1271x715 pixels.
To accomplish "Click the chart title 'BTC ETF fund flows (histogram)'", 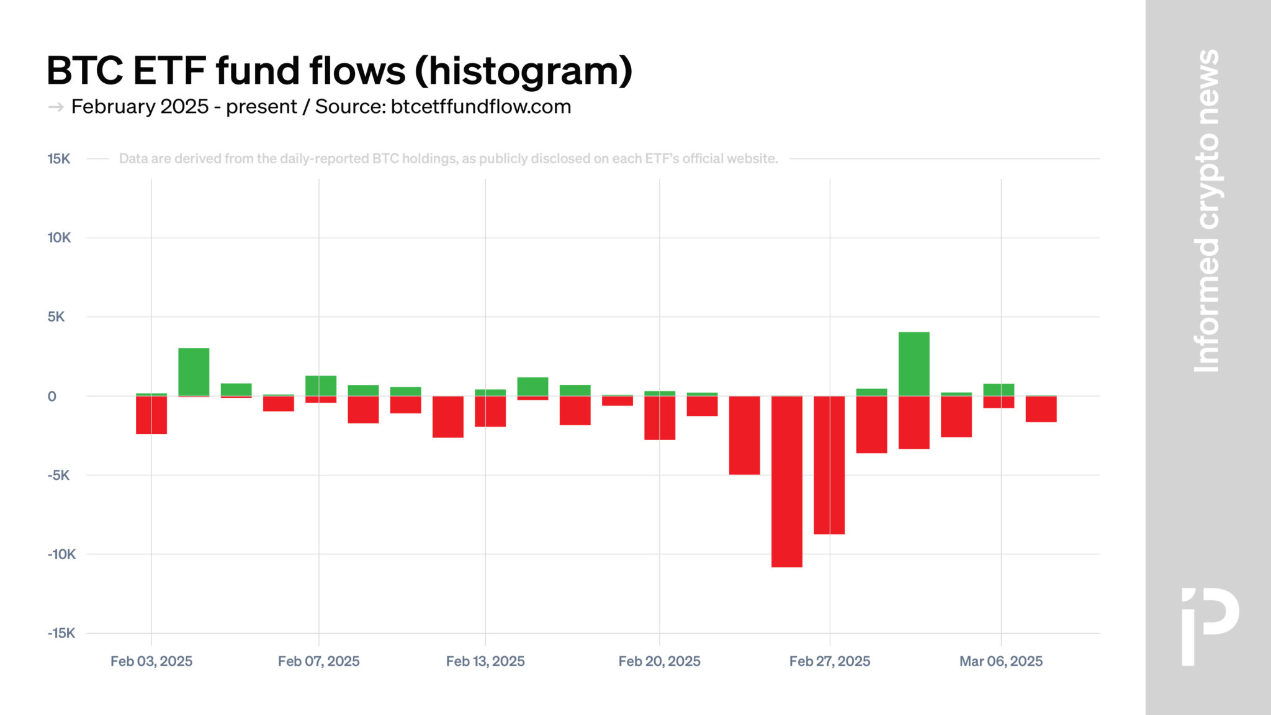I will tap(339, 70).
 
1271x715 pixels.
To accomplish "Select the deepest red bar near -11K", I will tap(786, 481).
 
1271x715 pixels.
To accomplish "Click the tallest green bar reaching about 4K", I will tap(914, 364).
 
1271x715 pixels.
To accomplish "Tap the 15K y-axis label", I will tap(59, 159).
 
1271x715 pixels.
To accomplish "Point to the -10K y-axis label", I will tap(61, 554).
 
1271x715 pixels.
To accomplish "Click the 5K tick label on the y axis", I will tap(56, 317).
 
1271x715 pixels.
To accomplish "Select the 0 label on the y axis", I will tap(52, 397).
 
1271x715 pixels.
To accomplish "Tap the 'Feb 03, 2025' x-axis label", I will tap(151, 661).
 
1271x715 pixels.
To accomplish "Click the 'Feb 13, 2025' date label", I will tap(485, 661).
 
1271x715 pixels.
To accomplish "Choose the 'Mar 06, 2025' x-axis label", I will tap(1000, 661).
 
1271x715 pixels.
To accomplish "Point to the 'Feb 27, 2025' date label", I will tap(829, 661).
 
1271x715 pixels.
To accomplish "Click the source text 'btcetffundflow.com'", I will tap(481, 107).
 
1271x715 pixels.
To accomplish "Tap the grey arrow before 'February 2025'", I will tap(56, 107).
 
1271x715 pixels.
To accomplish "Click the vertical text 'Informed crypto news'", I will tap(1206, 211).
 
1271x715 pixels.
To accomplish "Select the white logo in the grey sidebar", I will tap(1209, 626).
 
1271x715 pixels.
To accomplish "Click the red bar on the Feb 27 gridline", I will tap(829, 465).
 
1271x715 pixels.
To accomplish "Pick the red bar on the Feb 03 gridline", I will tap(151, 415).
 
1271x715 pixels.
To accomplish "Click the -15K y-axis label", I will tap(61, 633).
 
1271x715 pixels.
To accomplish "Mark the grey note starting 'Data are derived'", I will tap(448, 159).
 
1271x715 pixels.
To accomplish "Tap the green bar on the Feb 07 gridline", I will tap(320, 385).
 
